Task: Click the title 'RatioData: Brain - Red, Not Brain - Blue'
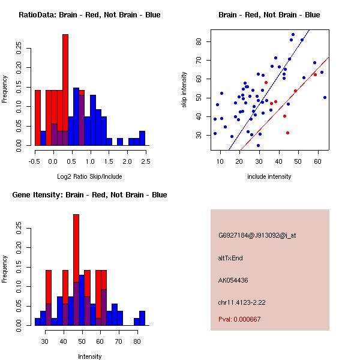coord(89,15)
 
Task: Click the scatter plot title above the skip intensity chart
coord(269,15)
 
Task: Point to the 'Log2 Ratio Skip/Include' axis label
coord(89,177)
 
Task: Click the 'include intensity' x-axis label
coord(269,176)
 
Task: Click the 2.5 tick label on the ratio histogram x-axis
coord(146,161)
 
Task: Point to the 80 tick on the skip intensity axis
coord(200,41)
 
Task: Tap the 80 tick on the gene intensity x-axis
coord(137,341)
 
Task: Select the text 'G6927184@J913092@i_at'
coord(257,235)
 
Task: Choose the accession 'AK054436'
coord(233,280)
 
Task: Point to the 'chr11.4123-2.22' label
coord(242,302)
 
